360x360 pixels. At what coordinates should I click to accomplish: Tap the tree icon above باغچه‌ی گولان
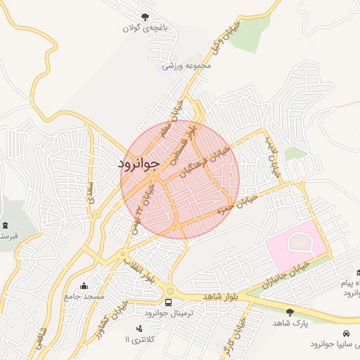point(145,16)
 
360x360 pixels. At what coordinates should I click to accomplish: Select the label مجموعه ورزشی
point(182,67)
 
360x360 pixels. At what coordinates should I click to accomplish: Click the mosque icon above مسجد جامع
point(84,285)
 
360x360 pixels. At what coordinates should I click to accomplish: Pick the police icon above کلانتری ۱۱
point(139,328)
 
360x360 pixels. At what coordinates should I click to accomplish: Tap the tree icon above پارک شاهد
point(290,311)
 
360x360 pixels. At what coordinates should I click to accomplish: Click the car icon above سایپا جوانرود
point(345,333)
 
